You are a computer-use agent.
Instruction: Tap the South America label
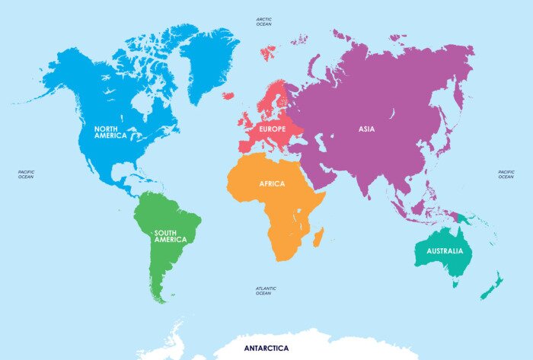170,236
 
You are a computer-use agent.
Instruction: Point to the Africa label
272,184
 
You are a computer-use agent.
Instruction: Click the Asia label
366,129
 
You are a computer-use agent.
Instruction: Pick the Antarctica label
266,348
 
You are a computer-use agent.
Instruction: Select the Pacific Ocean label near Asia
506,174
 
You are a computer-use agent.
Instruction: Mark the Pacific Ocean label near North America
26,174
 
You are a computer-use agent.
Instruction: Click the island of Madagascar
318,236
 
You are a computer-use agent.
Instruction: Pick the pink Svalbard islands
268,53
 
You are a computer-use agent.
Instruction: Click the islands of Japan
458,114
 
